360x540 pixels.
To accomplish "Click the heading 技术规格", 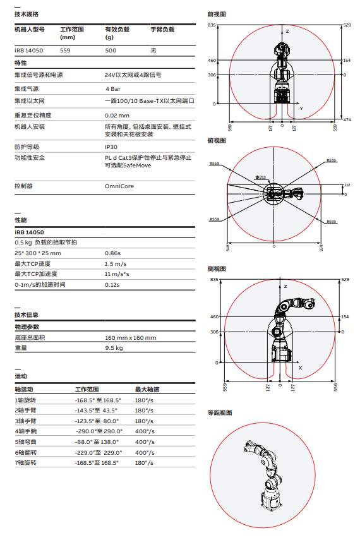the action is [27, 14].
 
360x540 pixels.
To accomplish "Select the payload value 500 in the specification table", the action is [111, 50].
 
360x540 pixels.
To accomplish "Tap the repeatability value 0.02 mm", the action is [117, 115].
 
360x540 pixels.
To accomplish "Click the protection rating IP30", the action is [111, 147].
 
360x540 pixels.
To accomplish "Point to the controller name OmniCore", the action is [119, 186].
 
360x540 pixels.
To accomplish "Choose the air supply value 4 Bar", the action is [113, 89].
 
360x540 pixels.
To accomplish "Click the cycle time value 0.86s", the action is [112, 253].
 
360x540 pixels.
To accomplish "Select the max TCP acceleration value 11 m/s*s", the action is [117, 274].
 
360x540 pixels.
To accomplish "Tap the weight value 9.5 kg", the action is [114, 348].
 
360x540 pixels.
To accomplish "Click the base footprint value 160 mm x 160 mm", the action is [130, 337].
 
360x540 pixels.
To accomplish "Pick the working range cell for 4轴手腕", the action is [99, 431].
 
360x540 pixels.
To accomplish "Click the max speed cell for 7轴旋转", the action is [145, 464].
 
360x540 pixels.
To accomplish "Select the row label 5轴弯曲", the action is [26, 442].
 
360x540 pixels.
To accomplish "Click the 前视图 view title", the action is [217, 14].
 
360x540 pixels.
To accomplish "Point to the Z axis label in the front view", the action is [287, 31].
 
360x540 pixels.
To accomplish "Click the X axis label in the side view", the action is [300, 367].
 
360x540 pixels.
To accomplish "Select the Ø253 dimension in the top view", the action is [260, 177].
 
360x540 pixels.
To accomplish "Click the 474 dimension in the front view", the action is [347, 119].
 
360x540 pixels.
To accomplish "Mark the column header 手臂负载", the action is [162, 29].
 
